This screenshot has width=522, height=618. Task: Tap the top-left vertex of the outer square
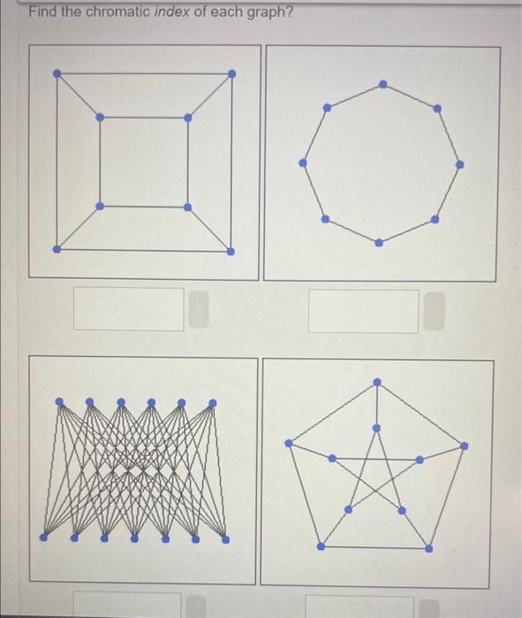57,72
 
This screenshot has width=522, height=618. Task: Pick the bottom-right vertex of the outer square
231,251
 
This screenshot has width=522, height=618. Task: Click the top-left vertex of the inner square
100,117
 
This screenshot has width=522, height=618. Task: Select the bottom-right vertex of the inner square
187,207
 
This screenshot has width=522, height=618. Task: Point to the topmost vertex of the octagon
382,85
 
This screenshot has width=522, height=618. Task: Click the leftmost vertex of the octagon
303,162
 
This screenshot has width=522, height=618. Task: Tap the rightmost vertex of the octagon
459,164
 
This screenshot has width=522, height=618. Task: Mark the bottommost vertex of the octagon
379,242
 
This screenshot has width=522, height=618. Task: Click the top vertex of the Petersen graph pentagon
377,381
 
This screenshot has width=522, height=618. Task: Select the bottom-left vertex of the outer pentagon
321,546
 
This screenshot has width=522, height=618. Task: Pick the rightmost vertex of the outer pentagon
465,444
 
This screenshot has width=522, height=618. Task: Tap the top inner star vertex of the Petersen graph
377,428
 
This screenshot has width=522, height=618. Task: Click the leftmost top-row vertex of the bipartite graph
59,402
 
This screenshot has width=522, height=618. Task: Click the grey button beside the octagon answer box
433,312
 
